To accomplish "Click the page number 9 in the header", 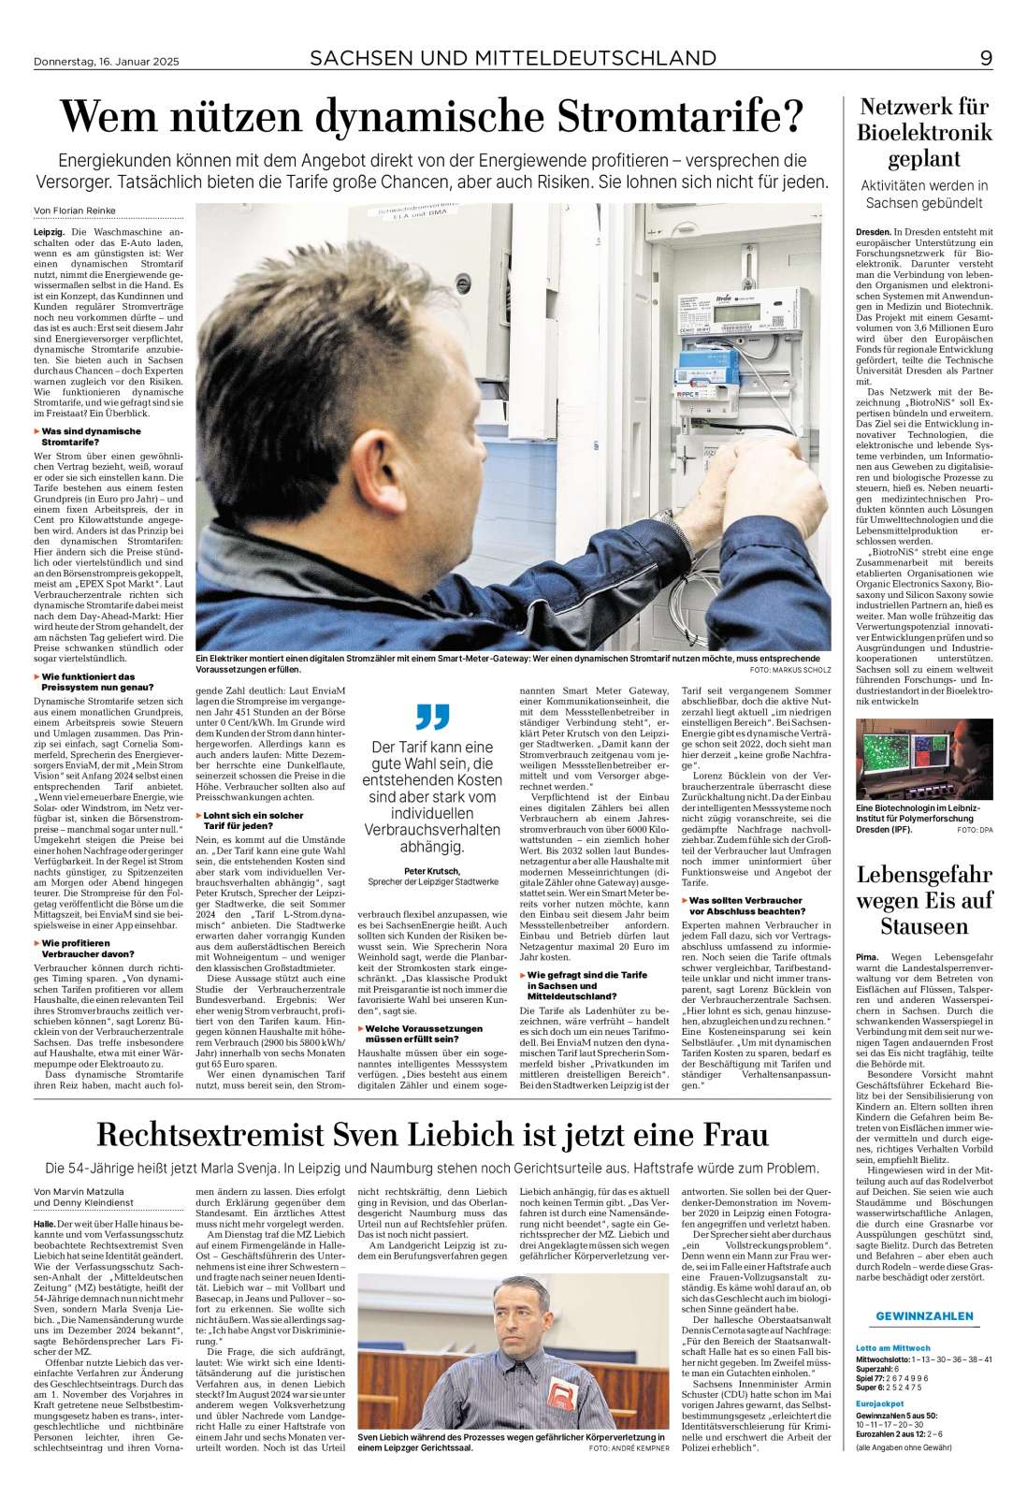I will pos(986,59).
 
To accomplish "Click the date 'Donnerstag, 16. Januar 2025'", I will pos(105,62).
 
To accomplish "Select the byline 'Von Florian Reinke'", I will pos(74,211).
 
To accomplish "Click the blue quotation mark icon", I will pos(432,718).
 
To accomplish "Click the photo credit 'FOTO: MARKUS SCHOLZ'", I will pos(790,671).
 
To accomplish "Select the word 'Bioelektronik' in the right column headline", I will pos(924,133).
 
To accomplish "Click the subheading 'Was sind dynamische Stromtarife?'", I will pos(92,437).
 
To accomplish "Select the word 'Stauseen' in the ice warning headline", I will pos(924,927).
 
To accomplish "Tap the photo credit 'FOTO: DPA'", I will pos(975,830).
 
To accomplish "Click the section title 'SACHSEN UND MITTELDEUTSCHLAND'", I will pos(513,59).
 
